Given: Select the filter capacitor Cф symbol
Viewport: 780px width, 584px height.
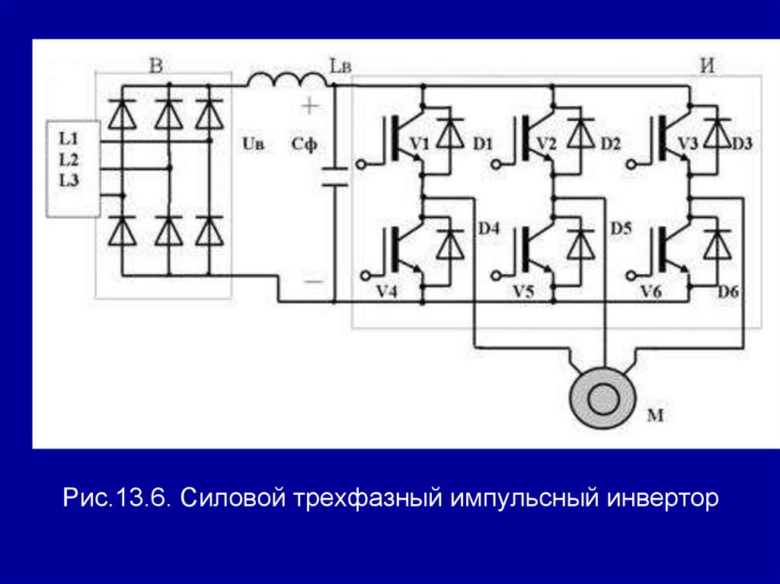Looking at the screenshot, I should tap(333, 176).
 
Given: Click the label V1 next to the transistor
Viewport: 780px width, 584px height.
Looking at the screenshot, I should tap(420, 144).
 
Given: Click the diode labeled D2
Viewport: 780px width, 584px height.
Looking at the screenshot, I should tap(582, 134).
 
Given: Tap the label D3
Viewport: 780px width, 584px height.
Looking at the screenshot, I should tap(742, 144).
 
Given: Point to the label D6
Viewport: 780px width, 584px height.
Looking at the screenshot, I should tap(729, 291).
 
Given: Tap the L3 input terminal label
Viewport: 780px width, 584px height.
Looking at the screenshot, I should tap(69, 180).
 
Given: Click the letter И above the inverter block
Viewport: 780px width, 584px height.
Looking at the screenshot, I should tap(706, 66).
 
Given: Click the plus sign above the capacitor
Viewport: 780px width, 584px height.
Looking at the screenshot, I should tap(311, 106).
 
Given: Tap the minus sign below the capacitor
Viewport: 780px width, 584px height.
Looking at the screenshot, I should tap(312, 282).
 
